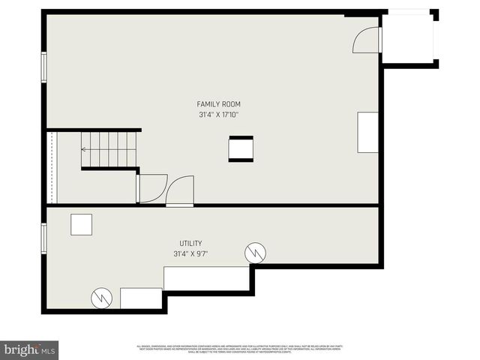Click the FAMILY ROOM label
219,104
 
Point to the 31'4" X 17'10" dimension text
219,115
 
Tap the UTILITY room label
190,243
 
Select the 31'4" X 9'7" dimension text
190,253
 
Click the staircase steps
109,149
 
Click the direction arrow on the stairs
84,149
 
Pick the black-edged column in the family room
241,148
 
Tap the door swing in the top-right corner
365,40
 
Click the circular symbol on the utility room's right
255,253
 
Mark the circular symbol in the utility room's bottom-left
101,298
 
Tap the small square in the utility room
81,225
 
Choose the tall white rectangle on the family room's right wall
367,132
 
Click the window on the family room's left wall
44,67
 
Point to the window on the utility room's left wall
44,238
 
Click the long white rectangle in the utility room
206,278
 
